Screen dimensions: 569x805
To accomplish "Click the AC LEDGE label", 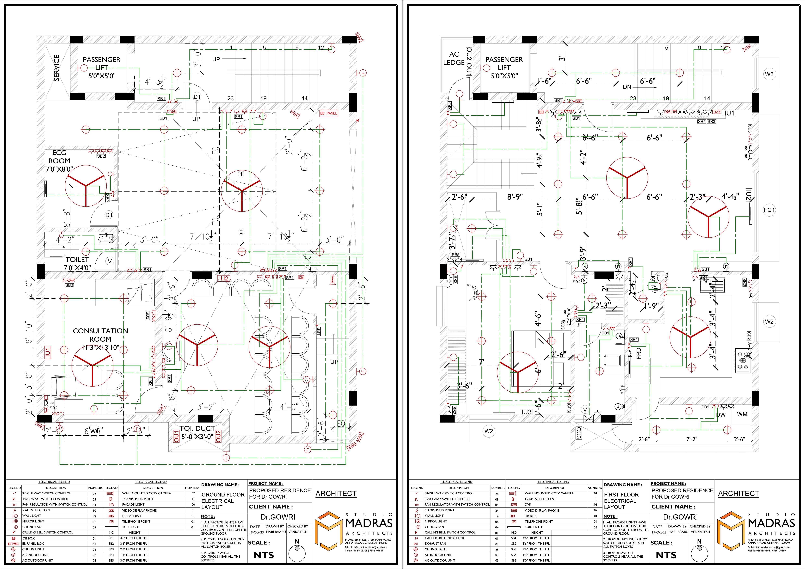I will (454, 58).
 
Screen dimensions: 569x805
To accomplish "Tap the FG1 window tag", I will (769, 210).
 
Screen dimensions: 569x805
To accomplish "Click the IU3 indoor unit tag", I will (526, 412).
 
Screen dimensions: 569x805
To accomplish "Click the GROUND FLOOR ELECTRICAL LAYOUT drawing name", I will (223, 501).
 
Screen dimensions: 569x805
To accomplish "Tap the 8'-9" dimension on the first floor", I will (515, 197).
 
